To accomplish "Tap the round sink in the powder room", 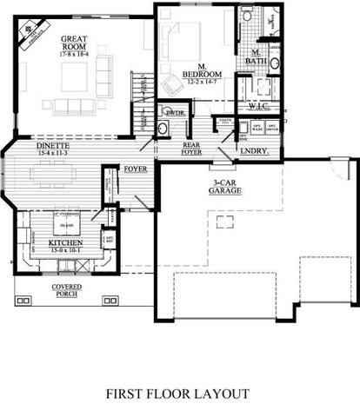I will tap(163, 128).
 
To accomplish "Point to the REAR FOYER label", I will tap(192, 149).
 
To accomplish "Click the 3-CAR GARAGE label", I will tap(224, 186).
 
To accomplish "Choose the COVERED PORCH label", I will tap(66, 289).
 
